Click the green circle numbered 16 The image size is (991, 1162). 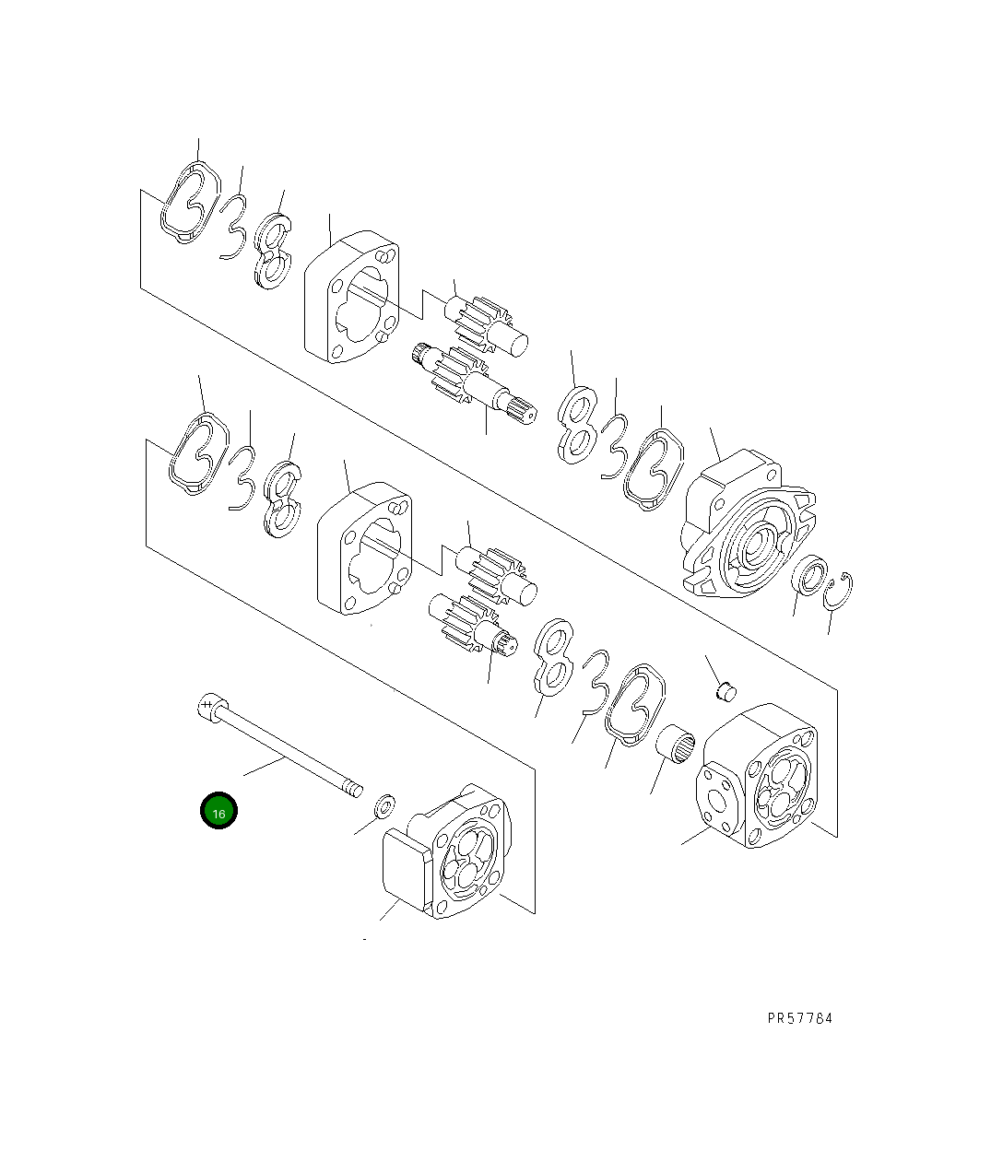(218, 811)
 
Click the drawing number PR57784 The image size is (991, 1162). (799, 1018)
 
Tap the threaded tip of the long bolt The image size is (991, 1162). (351, 788)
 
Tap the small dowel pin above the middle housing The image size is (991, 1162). (726, 687)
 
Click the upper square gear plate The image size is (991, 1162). (351, 297)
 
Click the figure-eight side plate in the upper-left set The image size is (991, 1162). (272, 251)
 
